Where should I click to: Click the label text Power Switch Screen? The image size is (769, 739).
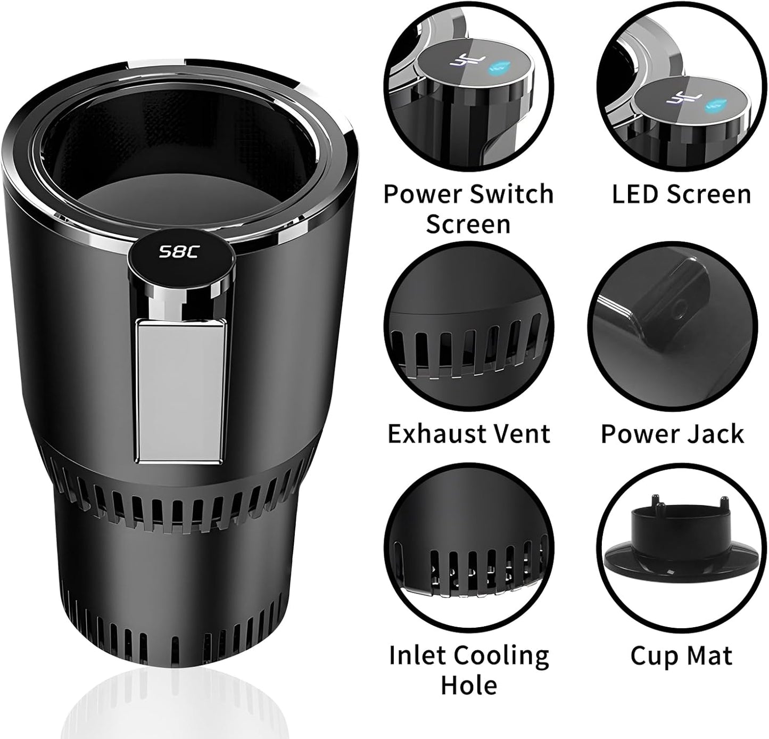468,209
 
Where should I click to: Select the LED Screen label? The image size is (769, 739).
681,194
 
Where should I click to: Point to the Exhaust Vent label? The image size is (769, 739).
468,433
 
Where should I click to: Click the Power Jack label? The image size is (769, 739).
672,433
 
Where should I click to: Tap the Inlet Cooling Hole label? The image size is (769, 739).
468,670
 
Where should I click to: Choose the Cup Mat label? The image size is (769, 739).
681,655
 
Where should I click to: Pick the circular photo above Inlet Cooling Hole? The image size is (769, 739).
468,548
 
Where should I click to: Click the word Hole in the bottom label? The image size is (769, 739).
468,685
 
